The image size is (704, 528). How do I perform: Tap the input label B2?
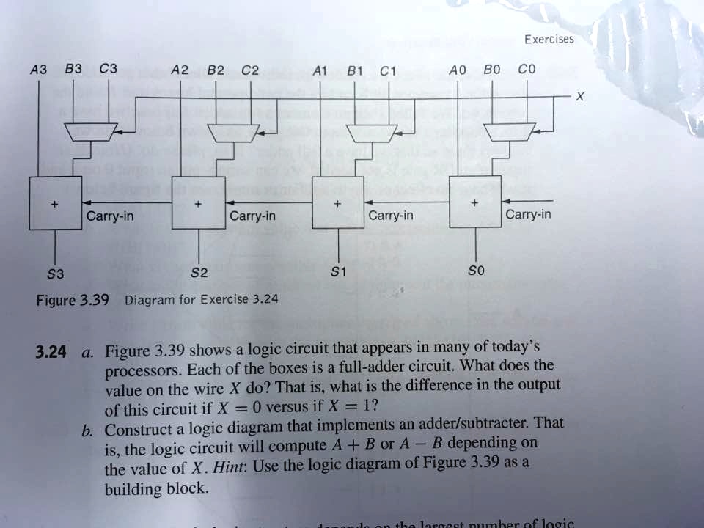pos(216,71)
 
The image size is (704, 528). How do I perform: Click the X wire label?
pos(580,97)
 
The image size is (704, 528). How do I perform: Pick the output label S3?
pos(56,274)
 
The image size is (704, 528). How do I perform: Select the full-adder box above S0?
pos(475,202)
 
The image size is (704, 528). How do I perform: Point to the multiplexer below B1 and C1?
pos(371,132)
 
